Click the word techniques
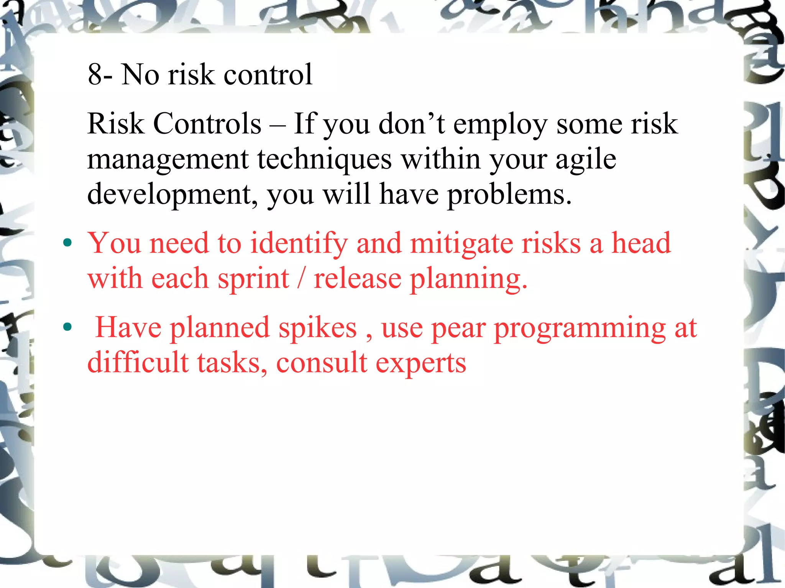(324, 159)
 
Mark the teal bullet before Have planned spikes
(67, 327)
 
